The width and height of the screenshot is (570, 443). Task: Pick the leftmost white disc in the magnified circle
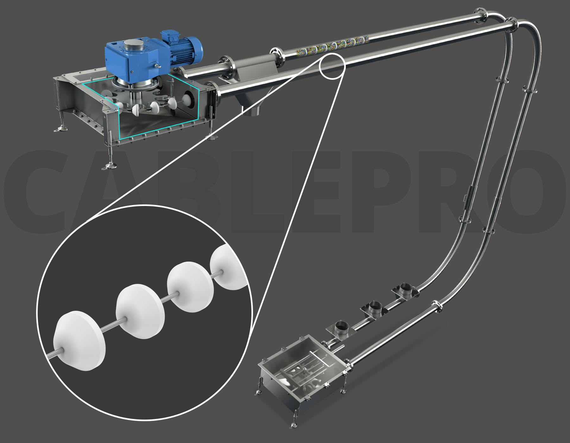(x=79, y=341)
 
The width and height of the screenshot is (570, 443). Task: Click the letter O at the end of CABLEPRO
(x=535, y=193)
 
